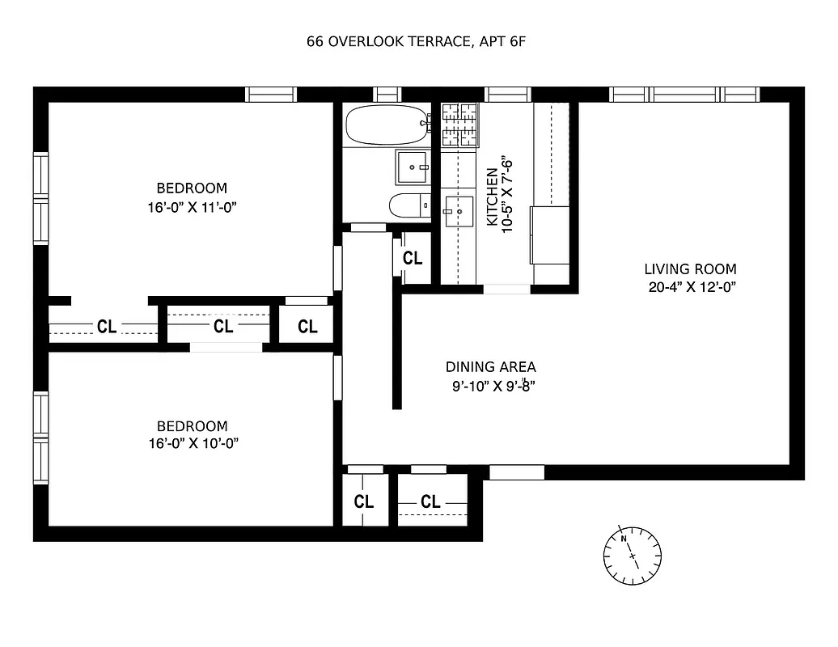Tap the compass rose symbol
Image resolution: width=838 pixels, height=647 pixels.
[632, 555]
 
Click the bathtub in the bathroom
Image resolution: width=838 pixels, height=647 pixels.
[385, 125]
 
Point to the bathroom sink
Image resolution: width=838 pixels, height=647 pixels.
[414, 167]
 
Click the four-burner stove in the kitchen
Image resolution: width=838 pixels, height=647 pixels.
[459, 125]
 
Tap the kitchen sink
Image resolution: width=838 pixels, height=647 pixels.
[458, 212]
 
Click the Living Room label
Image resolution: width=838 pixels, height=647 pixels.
[690, 269]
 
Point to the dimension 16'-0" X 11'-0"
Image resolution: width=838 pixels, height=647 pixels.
[192, 207]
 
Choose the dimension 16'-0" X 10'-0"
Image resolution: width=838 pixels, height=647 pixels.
[192, 443]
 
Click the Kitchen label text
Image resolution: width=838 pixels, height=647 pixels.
[491, 197]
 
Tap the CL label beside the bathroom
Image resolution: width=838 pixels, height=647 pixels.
[413, 259]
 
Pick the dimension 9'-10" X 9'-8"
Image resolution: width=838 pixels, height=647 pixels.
[493, 386]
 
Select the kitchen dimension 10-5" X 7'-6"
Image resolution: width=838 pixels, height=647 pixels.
[508, 197]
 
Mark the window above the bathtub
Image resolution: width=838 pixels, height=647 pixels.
[387, 95]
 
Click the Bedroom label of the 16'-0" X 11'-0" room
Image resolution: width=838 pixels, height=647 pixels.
[192, 188]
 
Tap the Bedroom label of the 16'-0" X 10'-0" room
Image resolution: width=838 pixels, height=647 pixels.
[192, 425]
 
